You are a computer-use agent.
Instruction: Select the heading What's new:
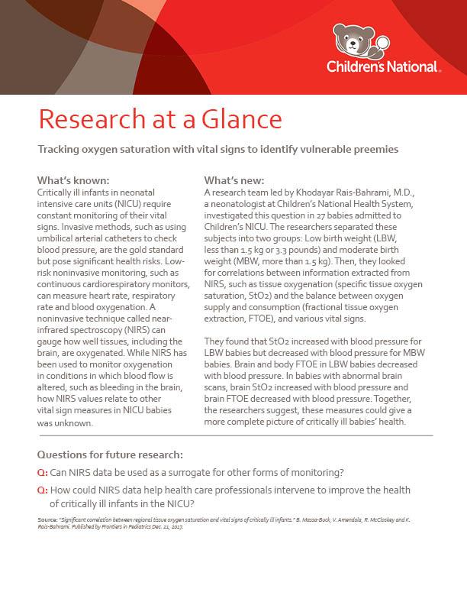point(234,180)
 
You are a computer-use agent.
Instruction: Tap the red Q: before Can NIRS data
point(43,471)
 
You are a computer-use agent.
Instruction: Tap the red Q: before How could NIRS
point(43,489)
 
